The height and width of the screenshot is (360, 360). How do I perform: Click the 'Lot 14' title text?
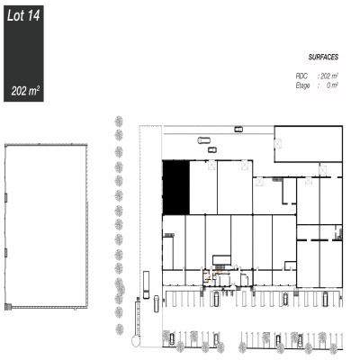[23, 15]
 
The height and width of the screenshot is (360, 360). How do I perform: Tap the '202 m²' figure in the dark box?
[25, 91]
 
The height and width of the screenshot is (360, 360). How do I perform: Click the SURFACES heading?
[323, 57]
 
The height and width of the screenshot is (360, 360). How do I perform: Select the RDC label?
[301, 76]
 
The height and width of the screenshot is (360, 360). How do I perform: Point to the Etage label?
[302, 85]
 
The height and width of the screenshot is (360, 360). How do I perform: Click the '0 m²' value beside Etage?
[332, 85]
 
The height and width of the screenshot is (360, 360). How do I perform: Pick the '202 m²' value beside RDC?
[329, 76]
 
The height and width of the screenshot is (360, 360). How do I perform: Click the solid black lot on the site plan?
[176, 187]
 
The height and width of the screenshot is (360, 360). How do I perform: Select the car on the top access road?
[238, 130]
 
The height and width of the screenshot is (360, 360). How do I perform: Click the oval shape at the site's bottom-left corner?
[136, 341]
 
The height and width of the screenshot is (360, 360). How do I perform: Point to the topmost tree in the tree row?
[119, 121]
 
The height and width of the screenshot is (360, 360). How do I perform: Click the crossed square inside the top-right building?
[278, 143]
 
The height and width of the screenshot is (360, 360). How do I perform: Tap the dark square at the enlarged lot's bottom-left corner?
[8, 307]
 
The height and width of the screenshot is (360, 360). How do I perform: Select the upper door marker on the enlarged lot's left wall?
[6, 198]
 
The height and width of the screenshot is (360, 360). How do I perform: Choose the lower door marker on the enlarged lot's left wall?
[6, 253]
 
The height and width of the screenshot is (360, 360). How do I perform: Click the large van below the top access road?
[204, 140]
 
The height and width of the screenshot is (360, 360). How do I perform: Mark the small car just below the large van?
[212, 149]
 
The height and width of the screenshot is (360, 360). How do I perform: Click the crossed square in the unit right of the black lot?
[211, 166]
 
